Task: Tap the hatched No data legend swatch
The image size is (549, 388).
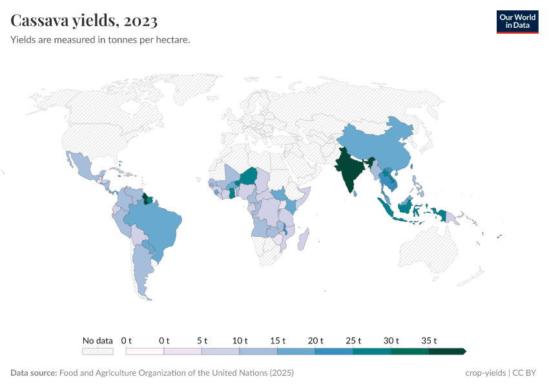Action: [98, 351]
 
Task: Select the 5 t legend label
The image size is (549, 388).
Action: [202, 340]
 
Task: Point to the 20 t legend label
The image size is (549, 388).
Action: [316, 340]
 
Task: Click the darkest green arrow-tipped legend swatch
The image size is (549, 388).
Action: [447, 351]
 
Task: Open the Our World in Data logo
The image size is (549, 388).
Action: [517, 22]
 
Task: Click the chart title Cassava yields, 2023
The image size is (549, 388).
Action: [84, 21]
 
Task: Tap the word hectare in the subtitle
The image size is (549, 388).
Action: [172, 39]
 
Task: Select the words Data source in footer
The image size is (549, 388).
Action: [34, 373]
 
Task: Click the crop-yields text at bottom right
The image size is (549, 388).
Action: [486, 373]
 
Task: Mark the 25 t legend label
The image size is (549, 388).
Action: [353, 340]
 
